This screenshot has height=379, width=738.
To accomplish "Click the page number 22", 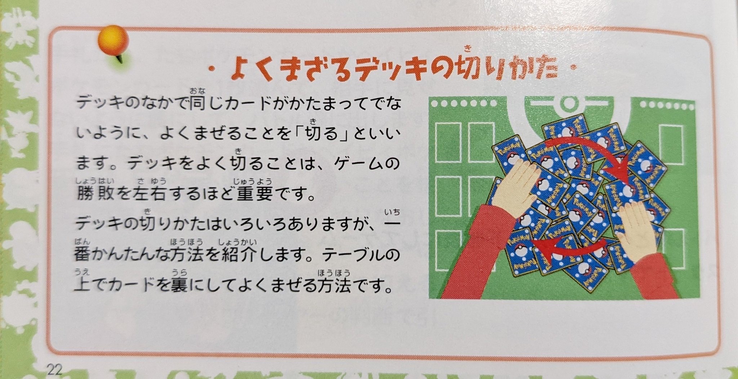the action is [x=54, y=369].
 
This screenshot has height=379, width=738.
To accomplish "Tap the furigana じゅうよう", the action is [x=253, y=181].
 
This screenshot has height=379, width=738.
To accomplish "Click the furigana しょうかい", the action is [x=237, y=242].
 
